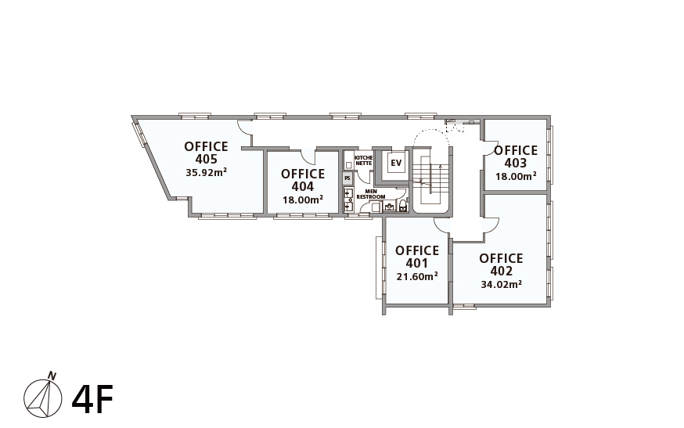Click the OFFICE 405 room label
[206, 153]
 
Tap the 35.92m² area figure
[206, 172]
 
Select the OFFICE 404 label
[303, 180]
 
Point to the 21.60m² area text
[417, 277]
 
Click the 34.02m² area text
[502, 285]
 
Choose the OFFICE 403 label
[516, 156]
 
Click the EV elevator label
[396, 164]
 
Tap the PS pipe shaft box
[347, 178]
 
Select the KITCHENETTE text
[363, 160]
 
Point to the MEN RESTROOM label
[371, 194]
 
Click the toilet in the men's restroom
[402, 206]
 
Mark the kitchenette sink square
[348, 165]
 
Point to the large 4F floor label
[92, 399]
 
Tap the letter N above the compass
[52, 376]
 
